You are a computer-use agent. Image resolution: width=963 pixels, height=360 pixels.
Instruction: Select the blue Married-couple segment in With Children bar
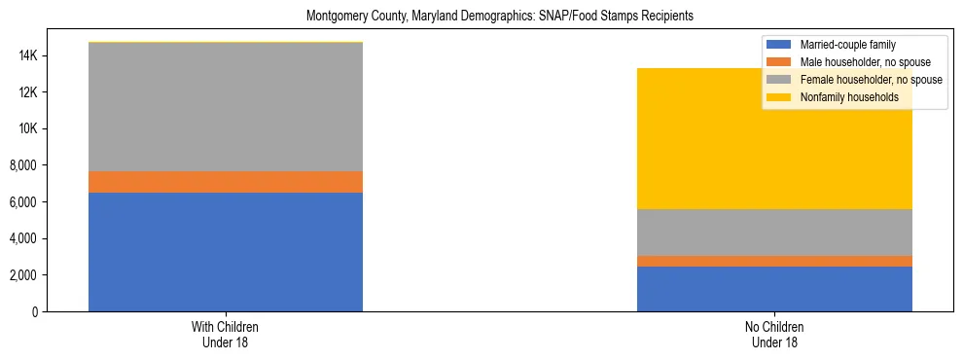tap(226, 252)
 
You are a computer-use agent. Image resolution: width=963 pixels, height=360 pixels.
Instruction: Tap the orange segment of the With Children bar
tap(226, 182)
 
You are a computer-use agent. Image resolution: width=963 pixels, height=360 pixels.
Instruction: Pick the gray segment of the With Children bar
tap(226, 107)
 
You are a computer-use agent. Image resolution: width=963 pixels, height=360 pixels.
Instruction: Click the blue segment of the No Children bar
tap(774, 289)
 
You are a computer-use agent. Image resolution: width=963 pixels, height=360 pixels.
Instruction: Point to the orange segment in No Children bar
tap(774, 261)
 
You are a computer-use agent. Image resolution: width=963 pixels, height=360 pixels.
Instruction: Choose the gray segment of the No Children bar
tap(774, 233)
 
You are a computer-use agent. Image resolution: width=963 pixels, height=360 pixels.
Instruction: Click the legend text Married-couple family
tap(840, 45)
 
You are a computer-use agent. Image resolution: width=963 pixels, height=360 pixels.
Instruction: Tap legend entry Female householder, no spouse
tap(870, 80)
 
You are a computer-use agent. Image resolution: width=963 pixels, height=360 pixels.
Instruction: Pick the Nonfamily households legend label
tap(849, 97)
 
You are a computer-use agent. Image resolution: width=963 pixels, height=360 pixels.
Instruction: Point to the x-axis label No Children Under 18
tap(774, 335)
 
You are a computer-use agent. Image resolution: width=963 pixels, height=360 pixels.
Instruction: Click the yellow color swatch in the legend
tap(779, 97)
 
